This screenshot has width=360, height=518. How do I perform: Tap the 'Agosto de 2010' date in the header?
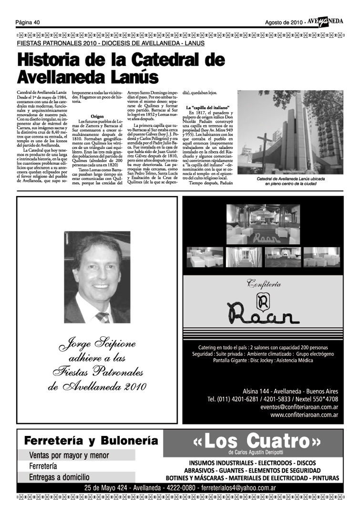pos(284,22)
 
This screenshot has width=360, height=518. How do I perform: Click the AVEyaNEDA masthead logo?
pos(325,21)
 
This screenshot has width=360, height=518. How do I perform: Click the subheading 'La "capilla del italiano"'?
pos(208,107)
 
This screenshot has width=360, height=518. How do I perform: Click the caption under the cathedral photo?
pos(290,181)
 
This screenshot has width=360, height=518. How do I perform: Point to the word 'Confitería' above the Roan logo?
pos(263,285)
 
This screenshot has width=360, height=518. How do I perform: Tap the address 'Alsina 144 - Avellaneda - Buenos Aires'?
pos(290,390)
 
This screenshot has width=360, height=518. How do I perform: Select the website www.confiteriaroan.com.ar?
pos(304,415)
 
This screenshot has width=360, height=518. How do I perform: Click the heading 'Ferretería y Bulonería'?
pos(91,440)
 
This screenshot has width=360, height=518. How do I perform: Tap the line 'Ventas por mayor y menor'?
pos(69,456)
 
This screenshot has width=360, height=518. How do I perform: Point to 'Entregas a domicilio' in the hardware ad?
pos(59,477)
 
